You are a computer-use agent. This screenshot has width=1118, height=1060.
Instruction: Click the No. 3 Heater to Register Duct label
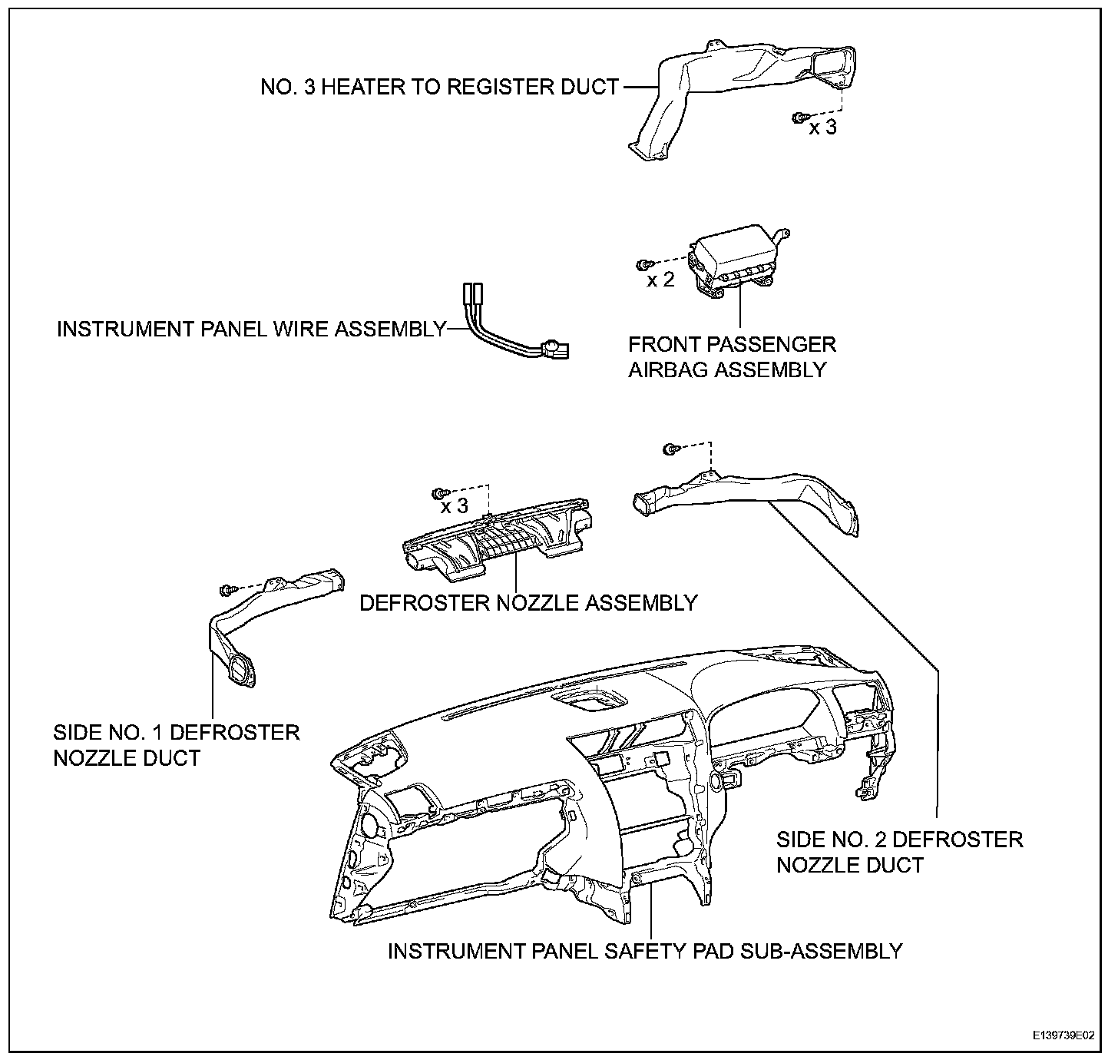coord(439,88)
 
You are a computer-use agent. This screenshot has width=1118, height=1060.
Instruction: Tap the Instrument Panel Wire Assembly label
coord(252,330)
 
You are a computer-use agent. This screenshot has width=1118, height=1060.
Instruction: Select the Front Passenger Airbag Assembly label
coord(732,356)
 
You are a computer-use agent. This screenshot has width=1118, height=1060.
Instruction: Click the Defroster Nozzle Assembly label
coord(528,603)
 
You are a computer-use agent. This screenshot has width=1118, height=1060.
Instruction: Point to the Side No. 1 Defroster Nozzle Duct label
coord(177,745)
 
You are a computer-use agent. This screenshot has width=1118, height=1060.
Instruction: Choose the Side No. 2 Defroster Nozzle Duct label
coord(899,852)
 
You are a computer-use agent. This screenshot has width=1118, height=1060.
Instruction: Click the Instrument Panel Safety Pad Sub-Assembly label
coord(645,951)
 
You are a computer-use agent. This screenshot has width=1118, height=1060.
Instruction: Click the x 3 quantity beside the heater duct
coord(822,128)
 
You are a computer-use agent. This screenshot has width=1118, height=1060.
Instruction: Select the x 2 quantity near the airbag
coord(660,280)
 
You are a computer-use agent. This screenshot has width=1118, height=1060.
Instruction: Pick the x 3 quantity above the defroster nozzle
coord(454,506)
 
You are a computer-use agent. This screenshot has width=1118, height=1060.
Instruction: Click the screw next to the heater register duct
coord(799,117)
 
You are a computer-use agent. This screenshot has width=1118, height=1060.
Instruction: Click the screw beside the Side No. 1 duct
coord(226,590)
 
